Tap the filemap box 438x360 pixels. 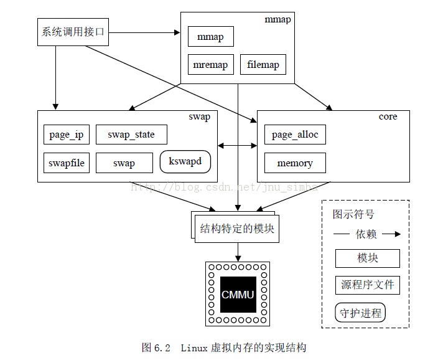pyautogui.click(x=263, y=65)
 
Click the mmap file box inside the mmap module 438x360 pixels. pyautogui.click(x=210, y=37)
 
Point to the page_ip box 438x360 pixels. pyautogui.click(x=67, y=135)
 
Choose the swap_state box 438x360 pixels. pyautogui.click(x=131, y=135)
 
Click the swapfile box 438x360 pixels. pyautogui.click(x=67, y=163)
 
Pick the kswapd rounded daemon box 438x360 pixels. pyautogui.click(x=185, y=162)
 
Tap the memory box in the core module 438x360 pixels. pyautogui.click(x=295, y=163)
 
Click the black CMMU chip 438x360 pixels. pyautogui.click(x=238, y=294)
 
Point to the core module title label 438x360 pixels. pyautogui.click(x=388, y=117)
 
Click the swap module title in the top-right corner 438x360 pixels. pyautogui.click(x=199, y=117)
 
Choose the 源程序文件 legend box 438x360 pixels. pyautogui.click(x=367, y=285)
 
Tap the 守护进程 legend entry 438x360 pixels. pyautogui.click(x=360, y=312)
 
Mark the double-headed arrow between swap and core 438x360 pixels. pyautogui.click(x=237, y=146)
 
